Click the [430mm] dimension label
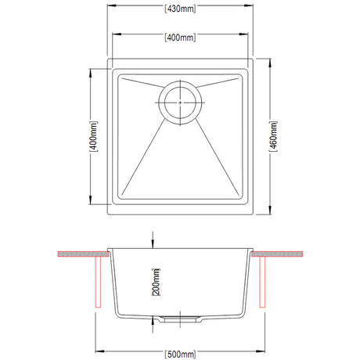[180, 9]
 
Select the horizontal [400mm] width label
[180, 37]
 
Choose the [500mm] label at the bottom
[180, 351]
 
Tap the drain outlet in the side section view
[181, 317]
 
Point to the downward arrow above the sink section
[153, 238]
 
